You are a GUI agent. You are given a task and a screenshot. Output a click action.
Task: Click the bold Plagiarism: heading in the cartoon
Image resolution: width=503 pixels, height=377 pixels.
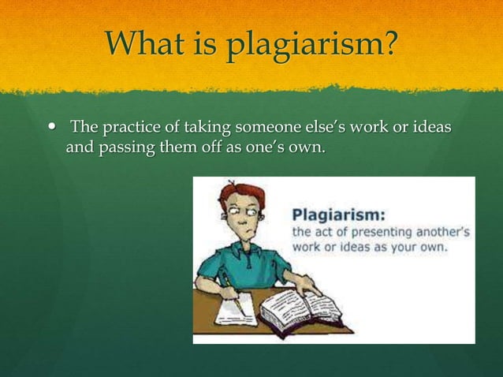[339, 215]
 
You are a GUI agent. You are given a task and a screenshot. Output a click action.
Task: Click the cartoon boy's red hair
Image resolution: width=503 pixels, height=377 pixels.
[243, 193]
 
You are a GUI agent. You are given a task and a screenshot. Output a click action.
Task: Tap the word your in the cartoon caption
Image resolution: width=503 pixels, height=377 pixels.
[404, 247]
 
